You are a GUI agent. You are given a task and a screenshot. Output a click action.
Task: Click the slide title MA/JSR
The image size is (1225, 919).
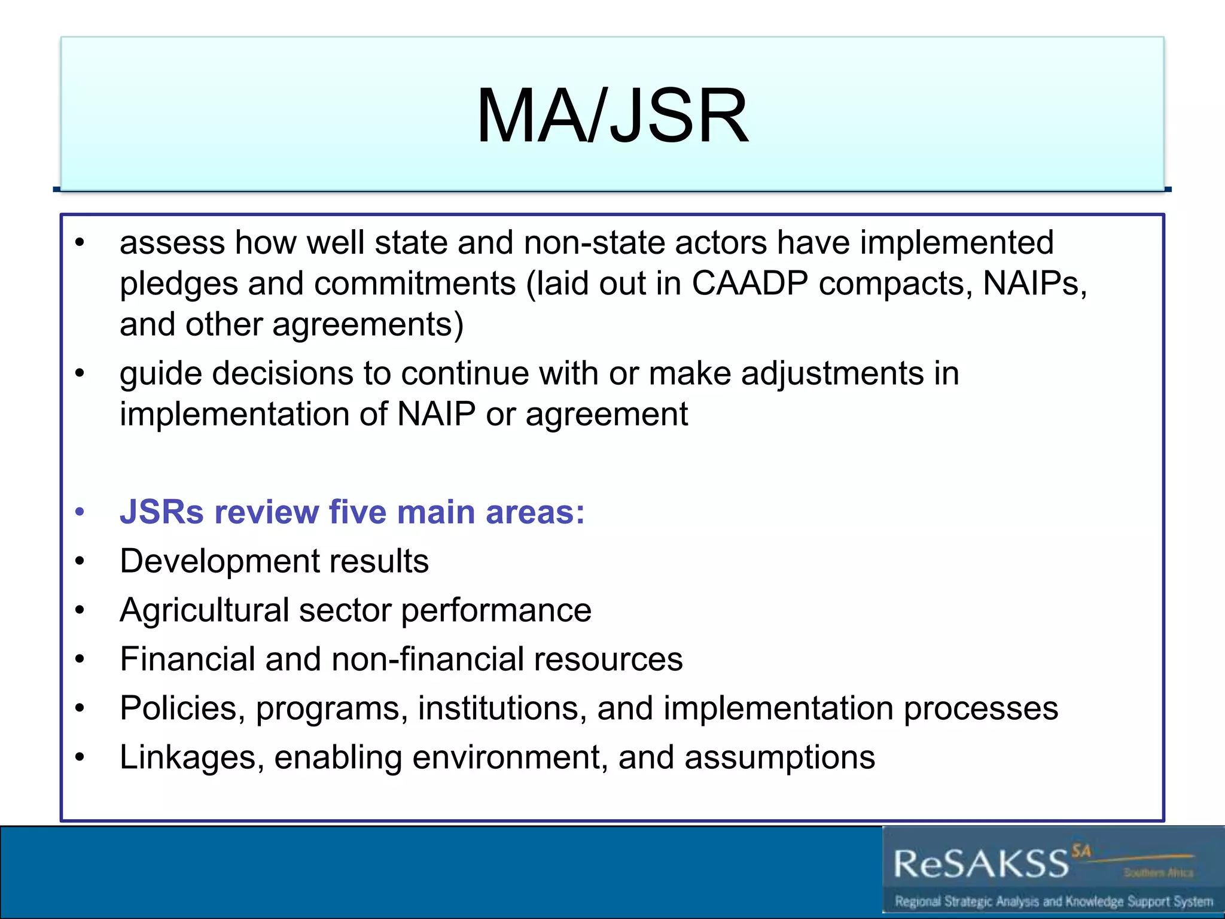(x=612, y=115)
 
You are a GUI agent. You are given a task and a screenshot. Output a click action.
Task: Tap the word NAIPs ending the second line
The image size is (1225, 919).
(x=1034, y=283)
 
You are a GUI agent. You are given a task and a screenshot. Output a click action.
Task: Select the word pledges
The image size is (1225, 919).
(x=178, y=284)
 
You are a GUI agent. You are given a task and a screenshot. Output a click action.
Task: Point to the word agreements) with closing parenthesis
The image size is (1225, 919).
(x=367, y=325)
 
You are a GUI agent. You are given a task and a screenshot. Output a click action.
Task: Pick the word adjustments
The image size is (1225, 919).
(x=832, y=374)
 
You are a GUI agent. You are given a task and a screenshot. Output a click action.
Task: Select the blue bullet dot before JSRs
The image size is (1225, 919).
(x=80, y=512)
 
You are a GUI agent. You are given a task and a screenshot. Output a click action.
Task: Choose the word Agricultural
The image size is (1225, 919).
(x=204, y=610)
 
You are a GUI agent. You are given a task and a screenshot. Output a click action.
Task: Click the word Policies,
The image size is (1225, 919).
(x=182, y=708)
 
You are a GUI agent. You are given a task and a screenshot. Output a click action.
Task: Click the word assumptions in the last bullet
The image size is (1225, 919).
(x=779, y=757)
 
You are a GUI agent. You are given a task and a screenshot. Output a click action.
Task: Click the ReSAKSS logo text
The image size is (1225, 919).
(x=981, y=864)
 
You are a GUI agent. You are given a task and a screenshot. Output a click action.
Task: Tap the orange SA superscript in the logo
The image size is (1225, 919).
(x=1081, y=850)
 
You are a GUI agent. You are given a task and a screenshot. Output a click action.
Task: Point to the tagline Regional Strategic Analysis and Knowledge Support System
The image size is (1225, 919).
(x=1053, y=902)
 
